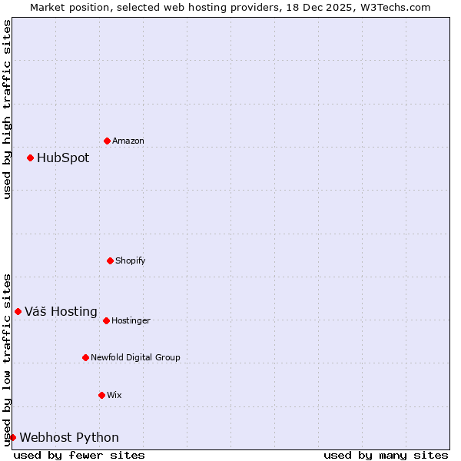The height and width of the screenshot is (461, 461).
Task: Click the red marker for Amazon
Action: click(x=107, y=141)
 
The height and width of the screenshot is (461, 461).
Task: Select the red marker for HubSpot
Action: click(x=30, y=158)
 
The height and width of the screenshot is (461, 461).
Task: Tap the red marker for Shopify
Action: click(x=110, y=260)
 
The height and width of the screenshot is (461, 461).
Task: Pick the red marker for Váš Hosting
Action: click(x=18, y=311)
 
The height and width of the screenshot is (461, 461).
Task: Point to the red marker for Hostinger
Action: click(x=106, y=320)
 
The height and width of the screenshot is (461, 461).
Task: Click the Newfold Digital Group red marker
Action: click(x=85, y=357)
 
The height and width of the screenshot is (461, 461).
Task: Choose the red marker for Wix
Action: click(x=101, y=395)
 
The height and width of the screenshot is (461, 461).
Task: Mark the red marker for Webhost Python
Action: click(x=12, y=437)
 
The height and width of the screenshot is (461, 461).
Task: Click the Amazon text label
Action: click(x=128, y=141)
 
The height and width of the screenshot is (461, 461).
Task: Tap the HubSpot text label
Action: click(x=63, y=158)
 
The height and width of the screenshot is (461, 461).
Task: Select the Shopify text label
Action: click(x=131, y=260)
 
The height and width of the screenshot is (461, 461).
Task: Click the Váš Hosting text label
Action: click(x=61, y=311)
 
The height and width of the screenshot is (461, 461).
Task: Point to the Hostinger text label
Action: click(x=131, y=320)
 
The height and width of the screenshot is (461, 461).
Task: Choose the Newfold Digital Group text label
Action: click(x=135, y=357)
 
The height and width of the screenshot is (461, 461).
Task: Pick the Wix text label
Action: click(x=114, y=395)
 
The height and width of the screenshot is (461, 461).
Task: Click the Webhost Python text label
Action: click(x=69, y=437)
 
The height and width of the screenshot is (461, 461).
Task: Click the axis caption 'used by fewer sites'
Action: click(x=79, y=455)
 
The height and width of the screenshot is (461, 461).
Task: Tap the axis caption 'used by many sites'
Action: click(x=386, y=455)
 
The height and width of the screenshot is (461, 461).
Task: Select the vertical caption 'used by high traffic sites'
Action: click(x=7, y=109)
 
